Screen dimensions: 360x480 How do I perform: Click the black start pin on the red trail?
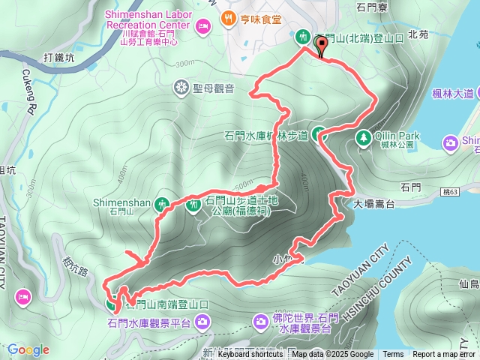(x=322, y=47)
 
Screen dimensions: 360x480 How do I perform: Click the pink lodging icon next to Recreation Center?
(x=202, y=27)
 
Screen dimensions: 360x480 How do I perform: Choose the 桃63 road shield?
(x=450, y=192)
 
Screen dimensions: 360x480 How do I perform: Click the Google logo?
(x=28, y=349)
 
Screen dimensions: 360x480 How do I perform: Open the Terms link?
(x=393, y=355)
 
